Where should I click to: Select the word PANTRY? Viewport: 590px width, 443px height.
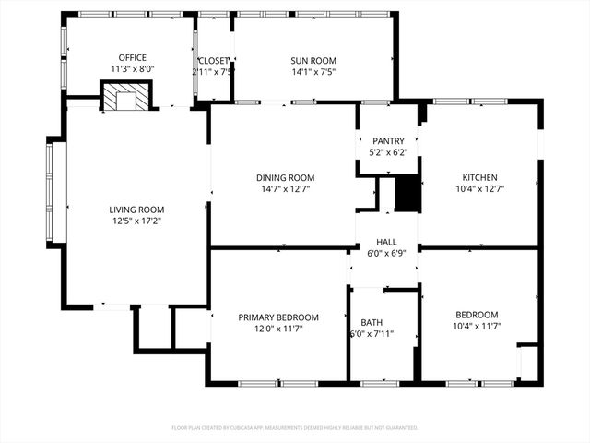(387, 141)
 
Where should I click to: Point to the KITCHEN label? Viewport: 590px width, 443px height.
(479, 177)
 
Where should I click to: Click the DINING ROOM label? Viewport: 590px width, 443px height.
(285, 177)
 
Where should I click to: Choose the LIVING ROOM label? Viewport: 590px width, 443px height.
(136, 210)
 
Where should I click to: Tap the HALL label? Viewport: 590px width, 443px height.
(386, 242)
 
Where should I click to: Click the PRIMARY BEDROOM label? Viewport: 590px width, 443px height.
(278, 317)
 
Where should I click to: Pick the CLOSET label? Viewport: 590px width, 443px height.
(213, 60)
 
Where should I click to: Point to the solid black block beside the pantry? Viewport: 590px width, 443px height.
(407, 195)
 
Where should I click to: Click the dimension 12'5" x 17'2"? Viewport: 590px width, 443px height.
(136, 221)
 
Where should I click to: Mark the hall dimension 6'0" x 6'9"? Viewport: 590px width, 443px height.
(386, 253)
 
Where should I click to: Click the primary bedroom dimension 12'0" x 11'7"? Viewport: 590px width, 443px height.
(278, 328)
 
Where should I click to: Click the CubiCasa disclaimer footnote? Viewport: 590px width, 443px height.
(295, 427)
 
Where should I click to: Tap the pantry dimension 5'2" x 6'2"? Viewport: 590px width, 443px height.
(387, 152)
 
